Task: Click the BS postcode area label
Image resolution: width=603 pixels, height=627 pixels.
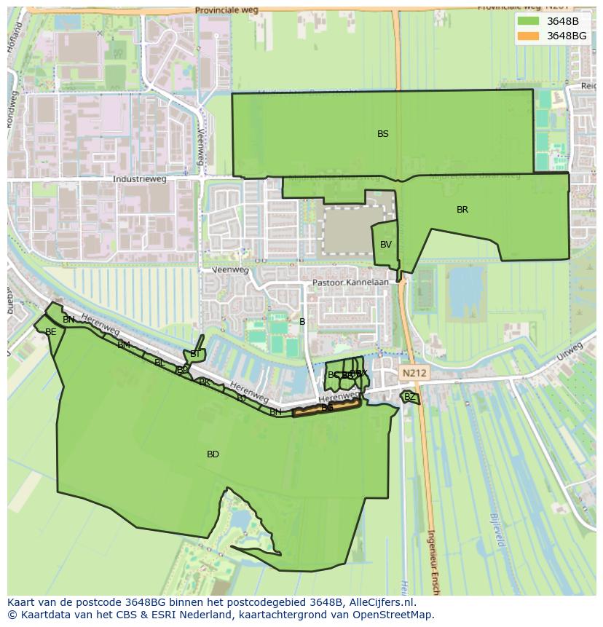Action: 382,134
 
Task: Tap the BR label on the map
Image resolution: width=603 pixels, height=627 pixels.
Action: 462,210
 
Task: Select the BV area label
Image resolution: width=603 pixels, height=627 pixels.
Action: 386,245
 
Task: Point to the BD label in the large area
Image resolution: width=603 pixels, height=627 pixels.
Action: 213,454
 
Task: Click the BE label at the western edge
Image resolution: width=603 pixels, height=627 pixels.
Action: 50,332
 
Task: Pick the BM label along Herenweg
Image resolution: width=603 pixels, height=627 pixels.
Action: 124,345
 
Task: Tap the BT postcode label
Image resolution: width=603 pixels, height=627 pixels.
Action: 195,354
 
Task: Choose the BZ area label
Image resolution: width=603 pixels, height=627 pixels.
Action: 409,397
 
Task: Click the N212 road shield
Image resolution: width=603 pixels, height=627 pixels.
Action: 414,373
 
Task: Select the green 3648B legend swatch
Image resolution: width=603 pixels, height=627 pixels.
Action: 529,21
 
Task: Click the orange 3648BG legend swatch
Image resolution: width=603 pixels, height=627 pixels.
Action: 529,36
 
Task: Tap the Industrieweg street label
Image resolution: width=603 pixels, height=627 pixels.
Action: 140,179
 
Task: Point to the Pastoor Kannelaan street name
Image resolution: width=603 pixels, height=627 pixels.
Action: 350,282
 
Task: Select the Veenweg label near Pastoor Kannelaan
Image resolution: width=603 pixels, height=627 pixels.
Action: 229,270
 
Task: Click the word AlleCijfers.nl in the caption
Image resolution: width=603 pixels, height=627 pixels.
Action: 382,602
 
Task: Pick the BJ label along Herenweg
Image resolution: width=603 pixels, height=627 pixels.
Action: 241,398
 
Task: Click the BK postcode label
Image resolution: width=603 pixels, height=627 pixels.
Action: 205,382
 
